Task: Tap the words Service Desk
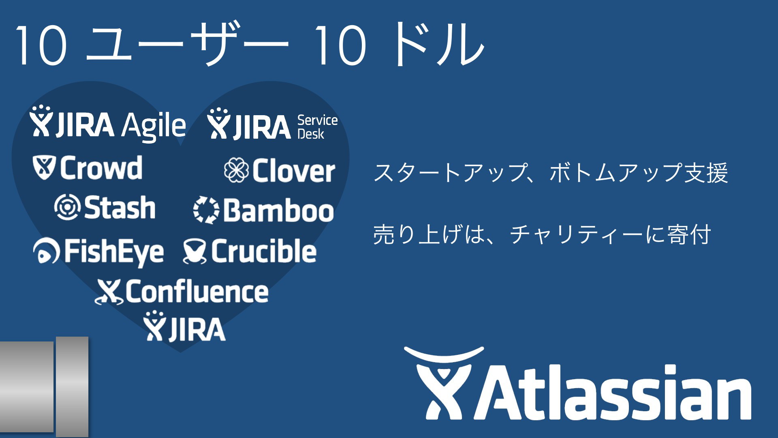317,127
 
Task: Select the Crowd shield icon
44,167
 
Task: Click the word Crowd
101,167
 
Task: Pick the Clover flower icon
236,170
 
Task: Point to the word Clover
294,170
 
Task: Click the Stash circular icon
66,207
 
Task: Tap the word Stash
120,207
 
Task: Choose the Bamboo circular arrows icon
206,210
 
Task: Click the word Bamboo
279,210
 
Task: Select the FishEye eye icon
47,251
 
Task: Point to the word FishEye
114,252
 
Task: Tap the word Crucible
264,251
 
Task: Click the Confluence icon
109,292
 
